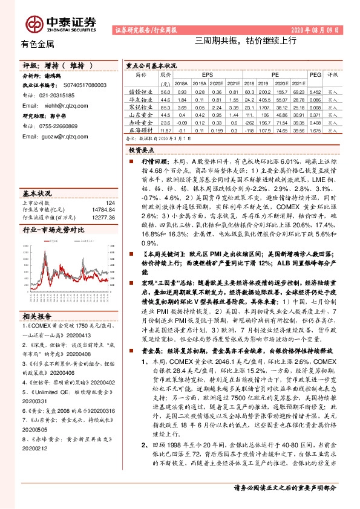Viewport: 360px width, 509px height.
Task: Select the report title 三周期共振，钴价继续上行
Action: click(245, 41)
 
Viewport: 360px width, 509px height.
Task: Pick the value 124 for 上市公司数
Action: click(110, 203)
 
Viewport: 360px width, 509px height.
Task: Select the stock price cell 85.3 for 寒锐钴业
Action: click(165, 107)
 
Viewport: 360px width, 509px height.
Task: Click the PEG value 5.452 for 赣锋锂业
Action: click(314, 91)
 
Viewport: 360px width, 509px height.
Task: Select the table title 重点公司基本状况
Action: click(151, 65)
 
